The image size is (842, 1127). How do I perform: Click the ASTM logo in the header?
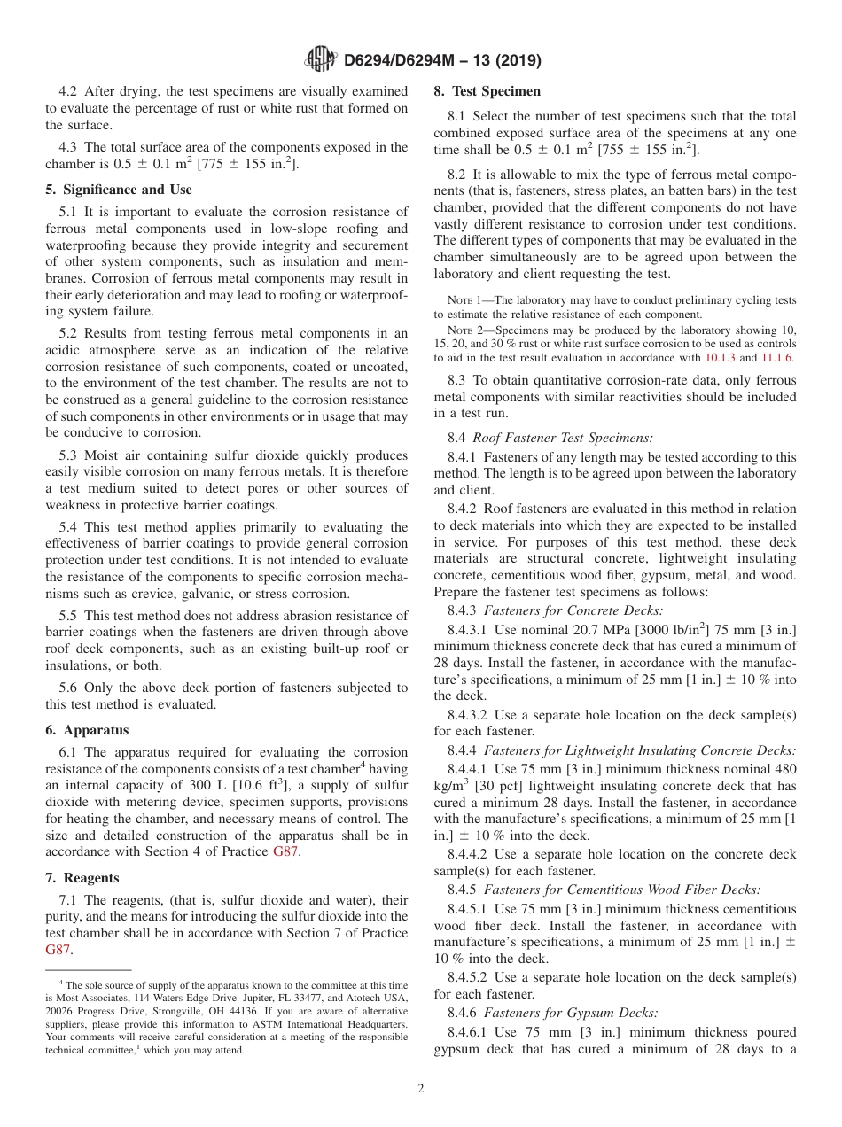(320, 59)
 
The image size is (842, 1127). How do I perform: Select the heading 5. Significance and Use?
(118, 190)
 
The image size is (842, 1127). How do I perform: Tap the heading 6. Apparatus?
(87, 730)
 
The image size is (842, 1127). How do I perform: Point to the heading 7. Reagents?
(82, 878)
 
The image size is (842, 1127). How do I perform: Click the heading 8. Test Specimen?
(487, 91)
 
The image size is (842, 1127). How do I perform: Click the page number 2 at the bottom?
(421, 1089)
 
